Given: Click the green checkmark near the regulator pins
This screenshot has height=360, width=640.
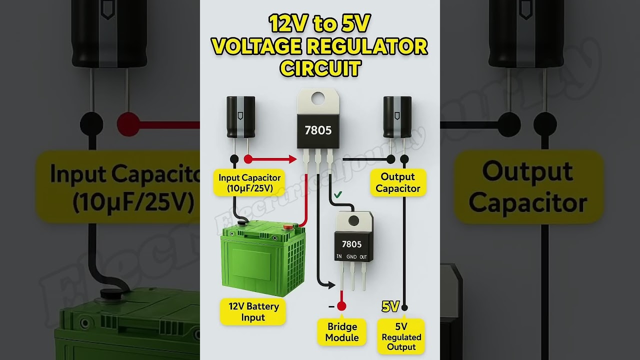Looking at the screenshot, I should (x=338, y=194).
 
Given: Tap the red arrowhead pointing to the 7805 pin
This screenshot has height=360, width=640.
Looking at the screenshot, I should (x=292, y=159).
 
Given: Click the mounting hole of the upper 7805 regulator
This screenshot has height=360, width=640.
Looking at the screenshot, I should (x=317, y=99).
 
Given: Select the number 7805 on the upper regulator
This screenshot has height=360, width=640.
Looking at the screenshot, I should (x=318, y=130).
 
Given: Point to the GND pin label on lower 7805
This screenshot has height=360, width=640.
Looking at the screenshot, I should (x=351, y=257).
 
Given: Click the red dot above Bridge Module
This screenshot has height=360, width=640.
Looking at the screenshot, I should (x=341, y=306).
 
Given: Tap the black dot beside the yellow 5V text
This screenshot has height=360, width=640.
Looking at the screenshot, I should (x=404, y=307).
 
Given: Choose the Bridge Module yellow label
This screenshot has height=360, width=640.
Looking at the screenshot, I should (x=342, y=332).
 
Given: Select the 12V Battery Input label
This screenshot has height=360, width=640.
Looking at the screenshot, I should (x=253, y=311).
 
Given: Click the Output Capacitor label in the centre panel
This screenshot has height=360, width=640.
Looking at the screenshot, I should (x=398, y=182).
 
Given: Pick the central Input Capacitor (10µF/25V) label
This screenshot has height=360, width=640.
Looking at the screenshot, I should (x=249, y=182).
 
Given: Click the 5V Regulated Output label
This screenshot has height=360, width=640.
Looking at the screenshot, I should (x=401, y=336).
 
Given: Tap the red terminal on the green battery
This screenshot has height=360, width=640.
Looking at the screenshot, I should (x=287, y=227).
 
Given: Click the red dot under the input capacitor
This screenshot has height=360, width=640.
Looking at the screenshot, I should (x=247, y=159).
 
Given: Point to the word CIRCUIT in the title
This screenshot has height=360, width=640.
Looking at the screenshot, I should (x=320, y=68).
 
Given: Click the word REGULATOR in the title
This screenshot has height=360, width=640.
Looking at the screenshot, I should (x=366, y=46).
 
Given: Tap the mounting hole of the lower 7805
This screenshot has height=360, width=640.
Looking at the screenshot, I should (x=353, y=221).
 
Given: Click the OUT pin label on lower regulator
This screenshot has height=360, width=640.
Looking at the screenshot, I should (x=363, y=257).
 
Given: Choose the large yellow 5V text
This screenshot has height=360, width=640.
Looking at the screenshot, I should (x=390, y=306).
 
